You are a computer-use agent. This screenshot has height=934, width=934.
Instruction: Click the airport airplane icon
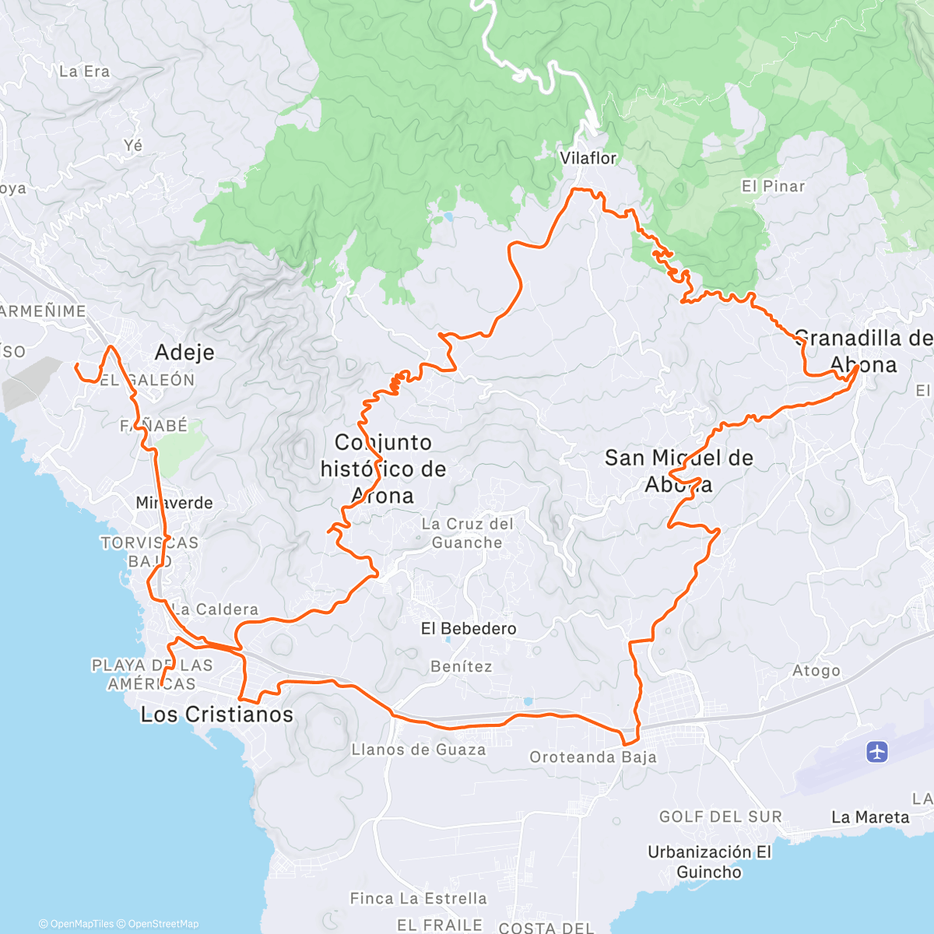(x=877, y=752)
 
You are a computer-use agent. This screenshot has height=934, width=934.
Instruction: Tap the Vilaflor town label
(x=588, y=158)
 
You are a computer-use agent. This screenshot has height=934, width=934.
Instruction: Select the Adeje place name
(x=184, y=353)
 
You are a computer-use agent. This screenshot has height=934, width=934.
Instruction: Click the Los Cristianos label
(x=217, y=715)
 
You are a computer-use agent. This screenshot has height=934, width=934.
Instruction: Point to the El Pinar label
(x=773, y=186)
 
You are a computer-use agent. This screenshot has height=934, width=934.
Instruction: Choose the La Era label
(x=84, y=72)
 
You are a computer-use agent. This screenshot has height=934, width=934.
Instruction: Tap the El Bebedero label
(x=469, y=628)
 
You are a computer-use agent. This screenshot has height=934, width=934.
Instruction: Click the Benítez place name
(x=462, y=666)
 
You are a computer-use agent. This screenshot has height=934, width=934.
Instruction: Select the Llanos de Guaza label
(x=419, y=750)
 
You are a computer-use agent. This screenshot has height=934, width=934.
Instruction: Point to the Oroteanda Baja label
(x=593, y=757)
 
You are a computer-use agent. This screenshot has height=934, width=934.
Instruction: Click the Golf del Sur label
(x=721, y=816)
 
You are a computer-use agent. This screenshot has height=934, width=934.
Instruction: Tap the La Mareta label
(x=870, y=817)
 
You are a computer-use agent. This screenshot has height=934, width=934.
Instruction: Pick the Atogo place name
(x=816, y=670)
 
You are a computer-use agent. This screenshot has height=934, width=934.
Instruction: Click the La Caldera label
(x=215, y=609)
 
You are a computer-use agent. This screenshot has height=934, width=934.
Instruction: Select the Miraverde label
(x=174, y=503)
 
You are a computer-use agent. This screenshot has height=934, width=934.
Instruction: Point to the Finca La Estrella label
(x=419, y=899)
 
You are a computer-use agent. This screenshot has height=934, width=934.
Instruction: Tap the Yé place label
(x=133, y=146)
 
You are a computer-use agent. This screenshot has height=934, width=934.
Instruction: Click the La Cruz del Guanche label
(x=467, y=533)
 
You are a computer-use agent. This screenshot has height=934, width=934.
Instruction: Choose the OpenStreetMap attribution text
(x=163, y=924)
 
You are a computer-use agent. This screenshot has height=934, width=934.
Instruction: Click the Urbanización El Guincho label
(x=709, y=862)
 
